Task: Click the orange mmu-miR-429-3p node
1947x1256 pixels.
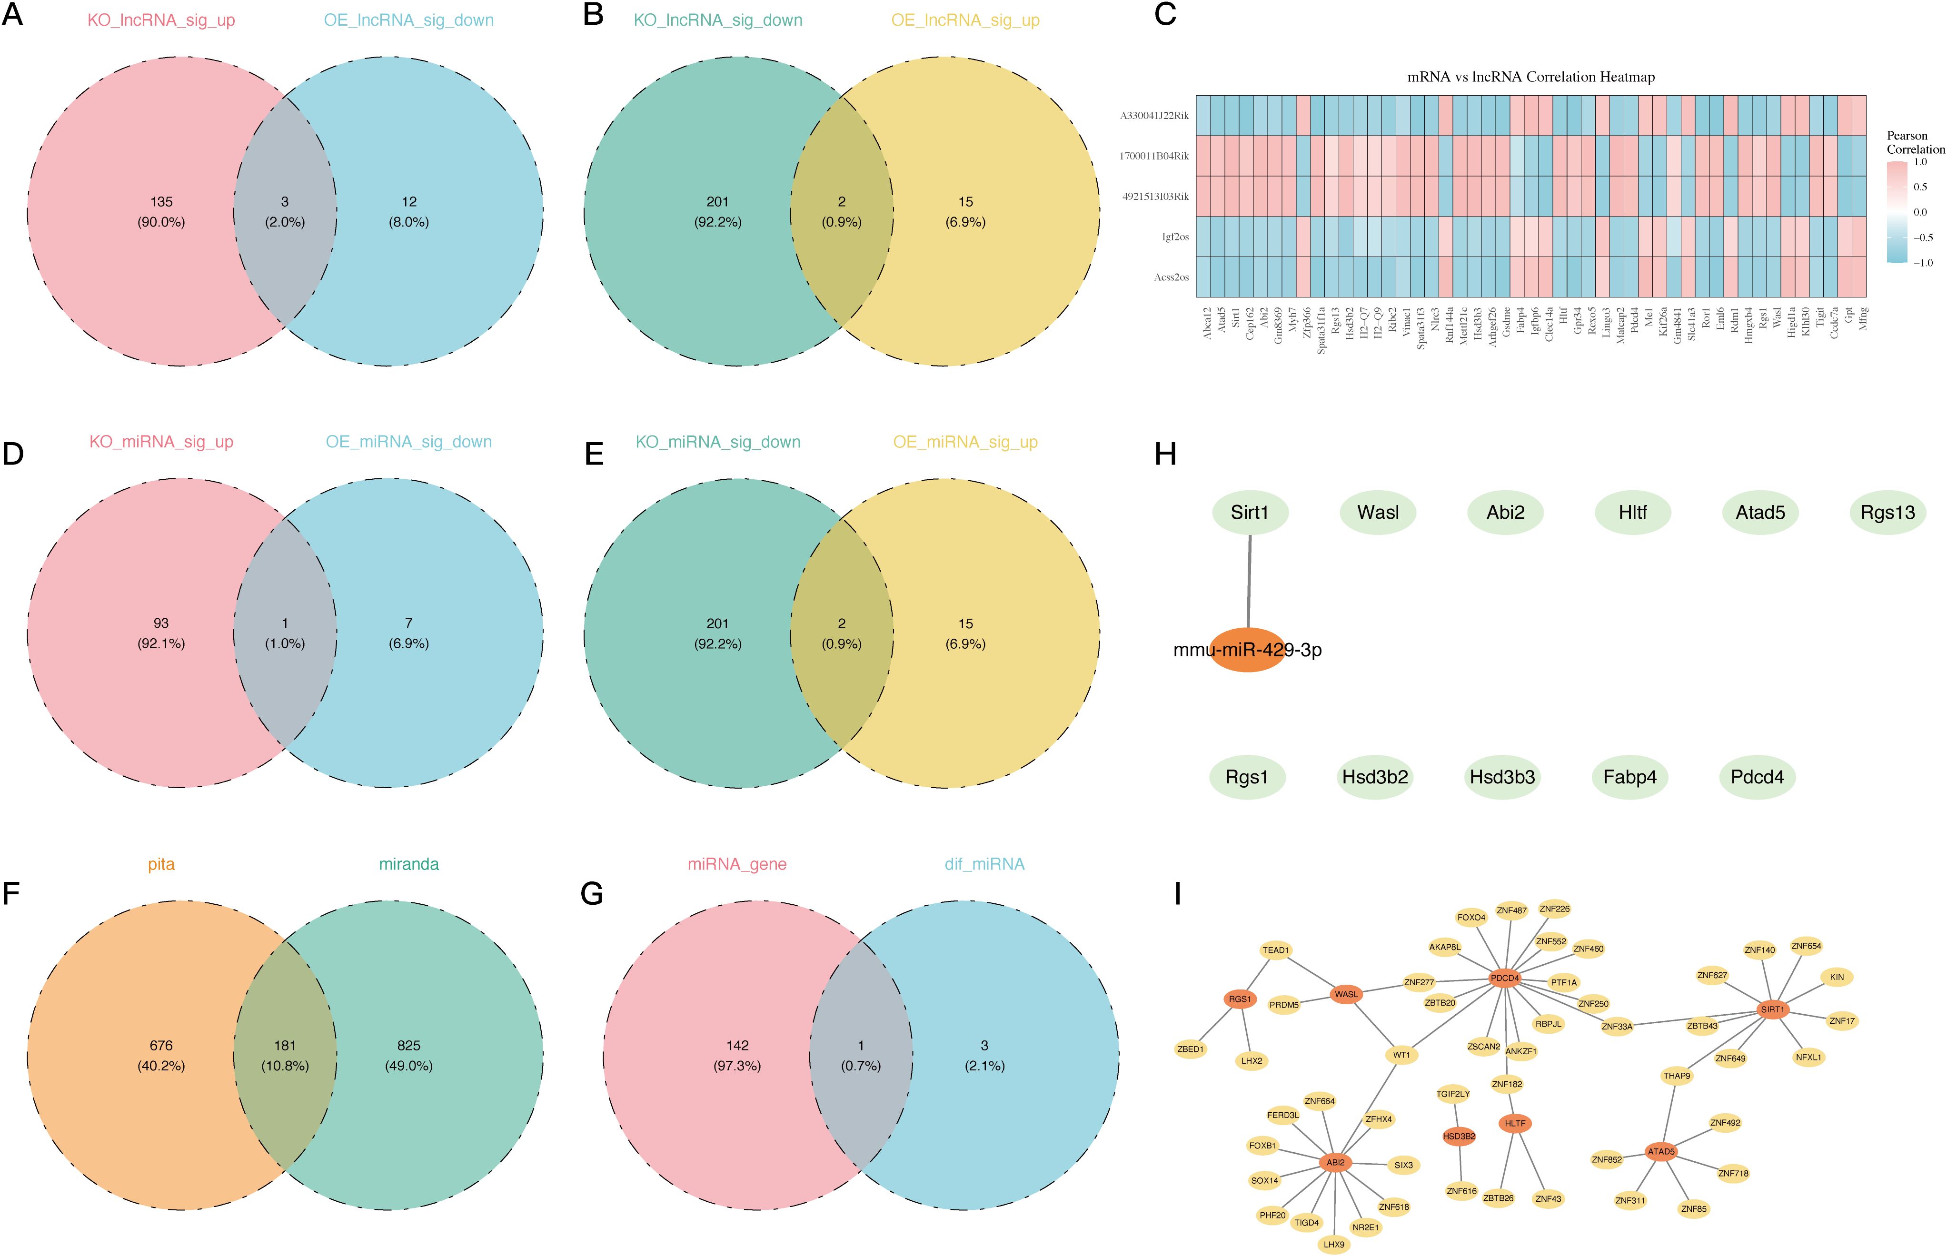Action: click(x=1247, y=650)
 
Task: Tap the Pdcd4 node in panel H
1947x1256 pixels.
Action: click(x=1757, y=777)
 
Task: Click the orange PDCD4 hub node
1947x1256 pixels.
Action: click(x=1505, y=977)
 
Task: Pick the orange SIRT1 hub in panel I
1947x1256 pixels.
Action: click(x=1772, y=1009)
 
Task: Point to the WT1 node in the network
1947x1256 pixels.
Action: click(x=1401, y=1055)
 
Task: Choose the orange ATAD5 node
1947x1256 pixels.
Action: click(x=1661, y=1152)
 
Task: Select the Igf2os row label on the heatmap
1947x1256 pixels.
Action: click(x=1175, y=237)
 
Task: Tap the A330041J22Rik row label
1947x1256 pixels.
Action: click(x=1154, y=116)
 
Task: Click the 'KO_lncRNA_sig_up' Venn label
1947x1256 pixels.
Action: click(x=161, y=20)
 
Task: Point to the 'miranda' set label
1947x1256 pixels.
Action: click(x=408, y=864)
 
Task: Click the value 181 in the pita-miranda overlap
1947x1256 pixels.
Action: click(x=285, y=1045)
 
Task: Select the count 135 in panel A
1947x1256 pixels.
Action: click(x=161, y=201)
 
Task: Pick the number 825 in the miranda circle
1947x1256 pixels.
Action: click(x=408, y=1045)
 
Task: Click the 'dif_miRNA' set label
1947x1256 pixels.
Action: click(x=984, y=864)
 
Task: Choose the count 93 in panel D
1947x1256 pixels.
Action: click(x=161, y=623)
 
